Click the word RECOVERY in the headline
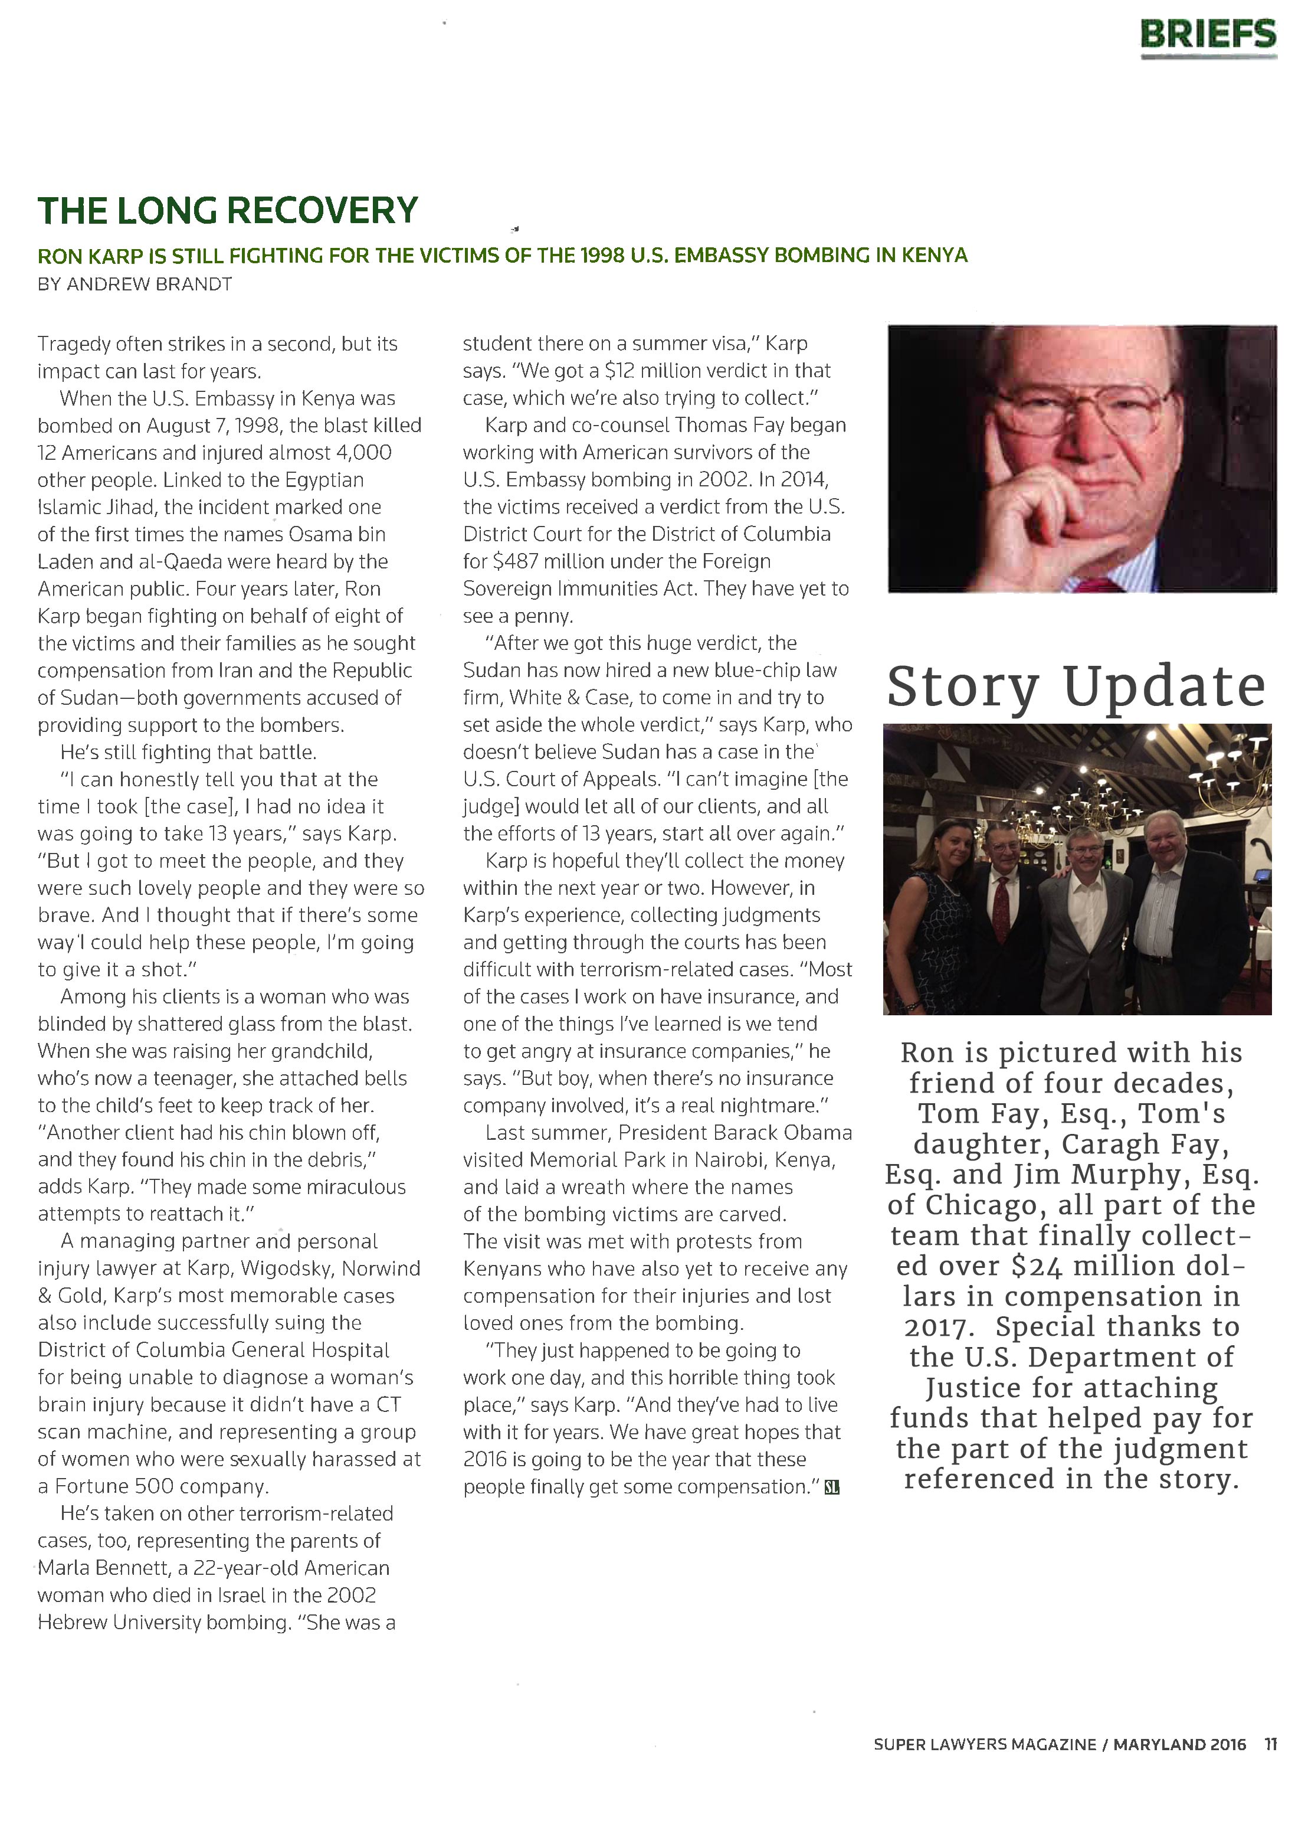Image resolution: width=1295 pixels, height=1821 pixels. (x=322, y=211)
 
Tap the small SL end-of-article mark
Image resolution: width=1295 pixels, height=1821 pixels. (x=832, y=1487)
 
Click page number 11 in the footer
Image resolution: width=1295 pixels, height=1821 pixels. (x=1270, y=1744)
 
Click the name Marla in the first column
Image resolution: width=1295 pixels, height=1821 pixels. (x=63, y=1568)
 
